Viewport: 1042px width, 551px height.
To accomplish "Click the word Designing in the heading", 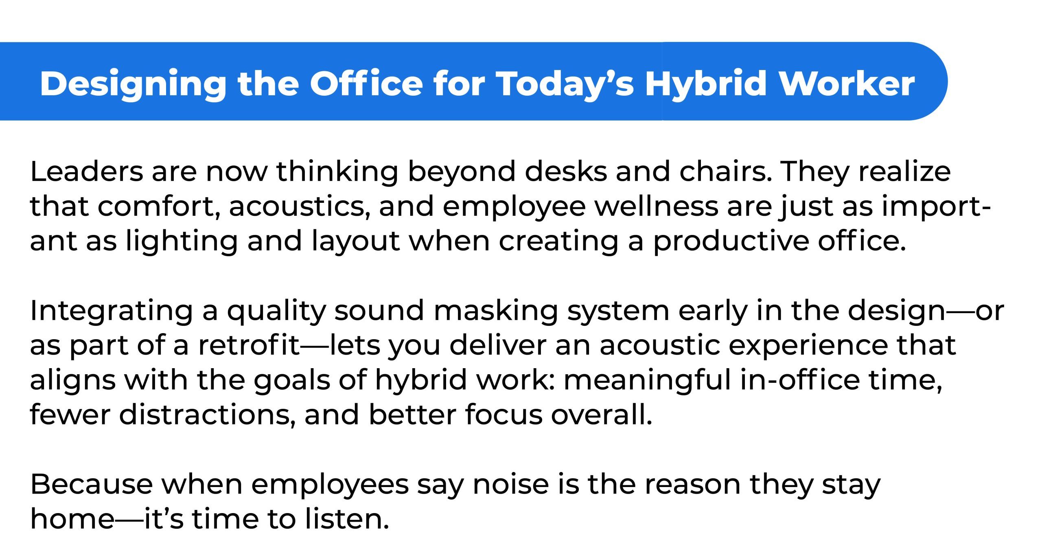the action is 133,84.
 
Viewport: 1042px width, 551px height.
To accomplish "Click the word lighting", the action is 182,241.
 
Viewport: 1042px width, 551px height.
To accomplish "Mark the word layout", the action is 355,241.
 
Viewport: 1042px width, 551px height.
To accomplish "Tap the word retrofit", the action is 249,345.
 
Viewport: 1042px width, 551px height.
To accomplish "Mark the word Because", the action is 92,485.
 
